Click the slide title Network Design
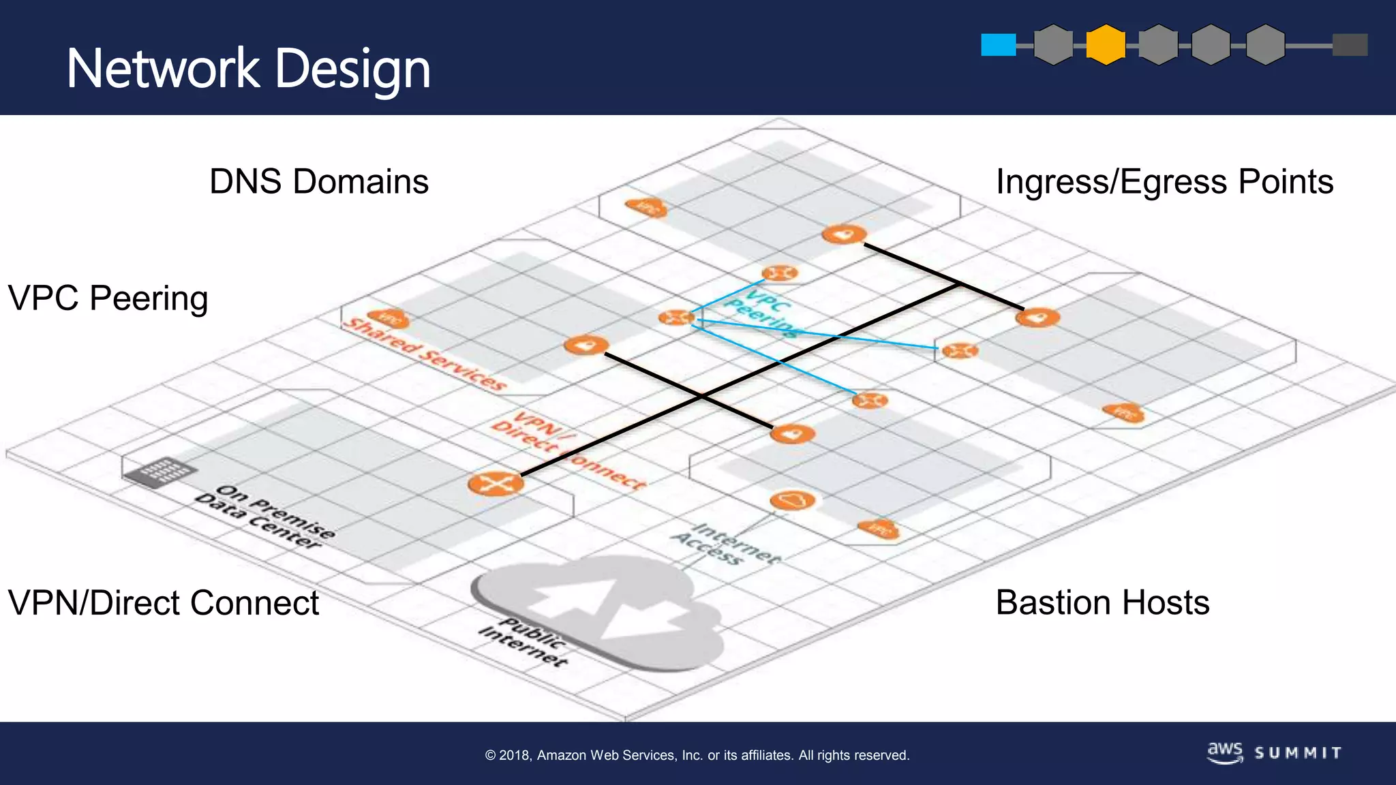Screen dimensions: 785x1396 (249, 69)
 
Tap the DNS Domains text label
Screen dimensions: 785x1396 (319, 182)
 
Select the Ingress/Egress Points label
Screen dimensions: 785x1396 (1164, 182)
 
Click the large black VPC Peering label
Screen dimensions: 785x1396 (108, 298)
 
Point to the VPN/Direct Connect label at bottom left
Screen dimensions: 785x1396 (163, 603)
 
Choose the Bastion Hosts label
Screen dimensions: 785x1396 (1102, 603)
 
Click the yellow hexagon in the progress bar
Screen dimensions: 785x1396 (1105, 45)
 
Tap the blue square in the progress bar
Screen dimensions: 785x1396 (998, 45)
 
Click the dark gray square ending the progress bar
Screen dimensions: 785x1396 (1350, 45)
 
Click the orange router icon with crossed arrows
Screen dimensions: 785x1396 (496, 484)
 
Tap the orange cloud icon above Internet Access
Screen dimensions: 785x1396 (792, 501)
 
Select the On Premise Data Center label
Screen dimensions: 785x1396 (266, 517)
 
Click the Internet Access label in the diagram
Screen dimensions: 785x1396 (726, 544)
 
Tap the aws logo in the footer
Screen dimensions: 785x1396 (1225, 752)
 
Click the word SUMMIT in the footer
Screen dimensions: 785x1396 (1298, 753)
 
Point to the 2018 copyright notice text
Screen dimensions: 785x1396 (697, 755)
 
